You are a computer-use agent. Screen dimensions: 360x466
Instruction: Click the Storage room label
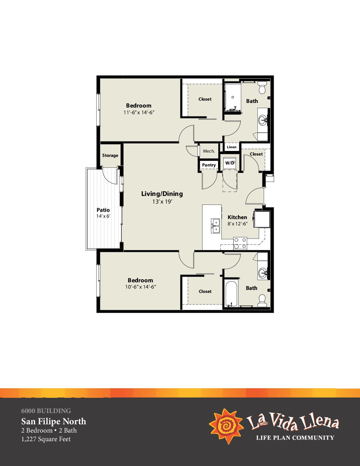coord(110,156)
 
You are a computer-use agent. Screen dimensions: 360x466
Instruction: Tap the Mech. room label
coord(209,151)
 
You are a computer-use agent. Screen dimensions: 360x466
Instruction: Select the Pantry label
coord(209,165)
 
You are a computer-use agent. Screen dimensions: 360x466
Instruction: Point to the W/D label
coord(230,163)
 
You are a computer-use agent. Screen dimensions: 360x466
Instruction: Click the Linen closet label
coord(232,147)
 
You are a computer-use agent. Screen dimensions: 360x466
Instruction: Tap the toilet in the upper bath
coord(262,87)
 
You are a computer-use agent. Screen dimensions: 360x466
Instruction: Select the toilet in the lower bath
coord(262,301)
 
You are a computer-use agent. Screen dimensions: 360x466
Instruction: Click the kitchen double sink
coord(215,226)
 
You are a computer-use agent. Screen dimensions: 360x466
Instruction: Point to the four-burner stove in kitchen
coord(240,243)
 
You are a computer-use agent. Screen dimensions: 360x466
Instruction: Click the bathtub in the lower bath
coord(231,294)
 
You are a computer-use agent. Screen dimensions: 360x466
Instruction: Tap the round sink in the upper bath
coord(263,120)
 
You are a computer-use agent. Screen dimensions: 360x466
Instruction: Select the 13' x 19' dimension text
coord(162,202)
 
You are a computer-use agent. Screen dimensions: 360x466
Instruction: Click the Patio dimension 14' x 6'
coord(103,216)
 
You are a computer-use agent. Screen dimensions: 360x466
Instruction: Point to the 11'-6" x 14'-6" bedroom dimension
coord(139,113)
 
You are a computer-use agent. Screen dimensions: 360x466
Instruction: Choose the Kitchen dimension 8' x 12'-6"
coord(238,224)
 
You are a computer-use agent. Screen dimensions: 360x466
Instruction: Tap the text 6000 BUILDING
coord(46,411)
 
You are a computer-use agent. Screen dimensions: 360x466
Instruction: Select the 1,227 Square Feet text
coord(46,439)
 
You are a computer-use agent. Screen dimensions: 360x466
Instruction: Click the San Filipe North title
coord(54,421)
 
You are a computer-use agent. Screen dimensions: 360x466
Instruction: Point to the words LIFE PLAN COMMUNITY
coord(295,438)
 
